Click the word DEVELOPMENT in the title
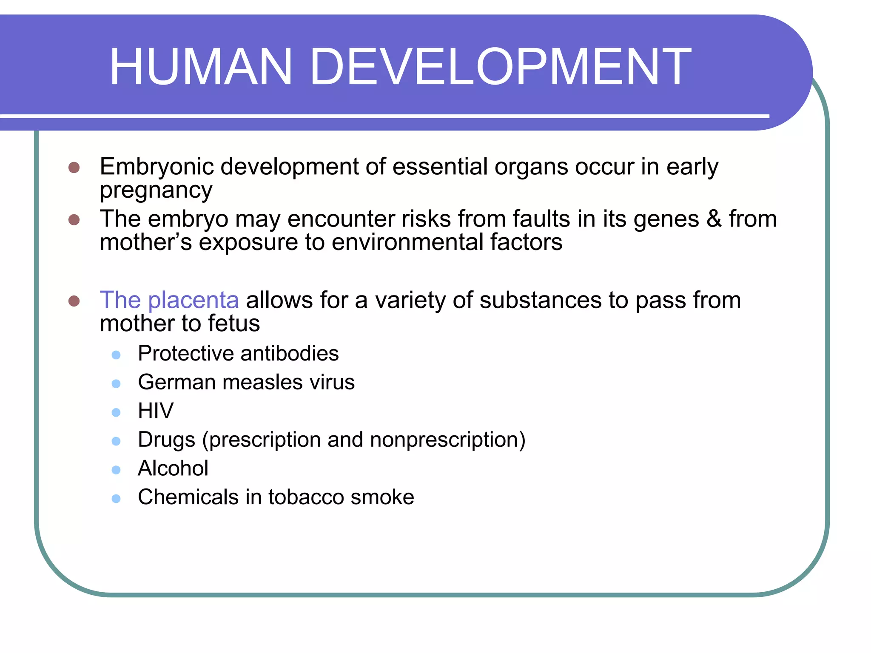coord(501,67)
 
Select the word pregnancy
coord(156,190)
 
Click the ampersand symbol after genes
coord(714,219)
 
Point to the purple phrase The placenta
coord(169,300)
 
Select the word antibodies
coord(289,354)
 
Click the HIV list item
coord(156,411)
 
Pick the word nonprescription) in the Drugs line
coord(447,440)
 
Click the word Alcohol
coord(173,468)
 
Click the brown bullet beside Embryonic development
coord(74,167)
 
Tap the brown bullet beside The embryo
coord(74,219)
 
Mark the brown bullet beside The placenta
coord(74,301)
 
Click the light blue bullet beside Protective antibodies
coord(116,355)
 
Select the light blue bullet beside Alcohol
coord(116,470)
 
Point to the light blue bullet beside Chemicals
coord(116,498)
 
